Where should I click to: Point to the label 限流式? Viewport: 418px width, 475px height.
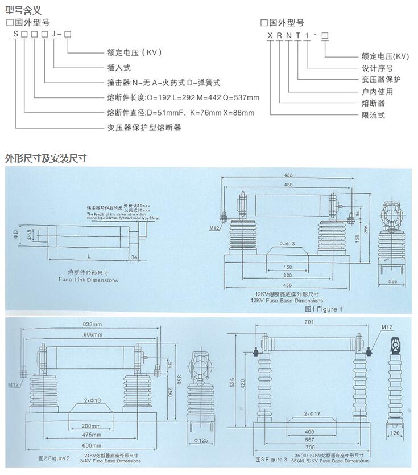click(374, 116)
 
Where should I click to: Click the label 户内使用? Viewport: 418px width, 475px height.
click(378, 92)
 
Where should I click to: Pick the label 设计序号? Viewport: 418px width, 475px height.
click(378, 68)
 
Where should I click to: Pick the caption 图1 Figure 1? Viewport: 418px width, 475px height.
click(324, 309)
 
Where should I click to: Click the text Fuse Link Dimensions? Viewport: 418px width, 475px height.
click(89, 280)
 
